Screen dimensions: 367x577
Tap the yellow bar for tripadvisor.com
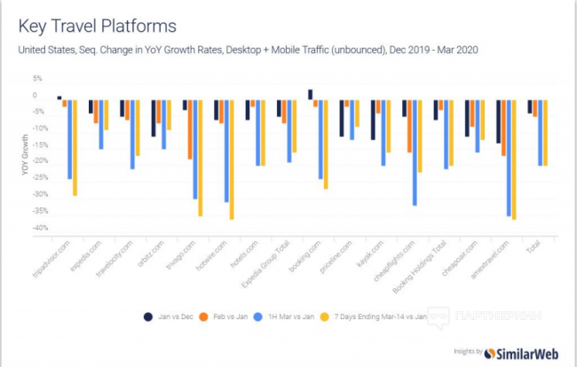(75, 147)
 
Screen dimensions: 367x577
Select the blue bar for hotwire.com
(227, 152)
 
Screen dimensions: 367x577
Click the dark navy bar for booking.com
(310, 95)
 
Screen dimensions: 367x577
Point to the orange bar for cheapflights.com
(409, 127)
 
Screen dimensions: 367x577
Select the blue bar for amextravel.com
(509, 158)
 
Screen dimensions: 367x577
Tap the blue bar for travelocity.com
(133, 134)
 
